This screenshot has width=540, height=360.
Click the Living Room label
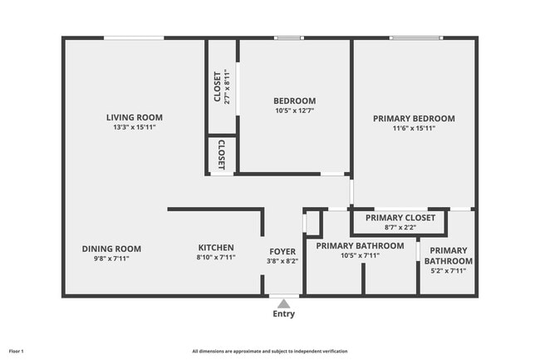point(134,117)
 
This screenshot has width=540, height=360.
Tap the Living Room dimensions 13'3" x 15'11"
point(134,127)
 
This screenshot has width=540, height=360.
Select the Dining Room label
point(111,249)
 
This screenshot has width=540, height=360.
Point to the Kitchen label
point(215,248)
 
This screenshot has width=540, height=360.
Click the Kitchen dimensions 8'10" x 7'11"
point(215,258)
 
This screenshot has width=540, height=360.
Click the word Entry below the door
point(283,314)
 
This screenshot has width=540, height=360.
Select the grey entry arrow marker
point(283,303)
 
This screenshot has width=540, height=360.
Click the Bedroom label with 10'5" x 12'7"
point(294,101)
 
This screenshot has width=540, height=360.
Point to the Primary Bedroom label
point(413,118)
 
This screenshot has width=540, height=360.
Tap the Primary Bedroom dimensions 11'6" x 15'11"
point(413,128)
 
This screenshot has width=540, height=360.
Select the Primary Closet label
point(400,218)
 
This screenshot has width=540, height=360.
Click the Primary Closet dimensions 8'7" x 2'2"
point(400,227)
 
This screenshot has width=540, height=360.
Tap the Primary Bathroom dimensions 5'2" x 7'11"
point(449,270)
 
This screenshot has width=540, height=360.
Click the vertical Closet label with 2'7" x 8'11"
point(218,87)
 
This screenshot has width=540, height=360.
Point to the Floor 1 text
point(17,352)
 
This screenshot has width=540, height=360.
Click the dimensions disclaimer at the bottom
point(270,352)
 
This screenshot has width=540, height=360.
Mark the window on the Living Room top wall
point(134,37)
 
